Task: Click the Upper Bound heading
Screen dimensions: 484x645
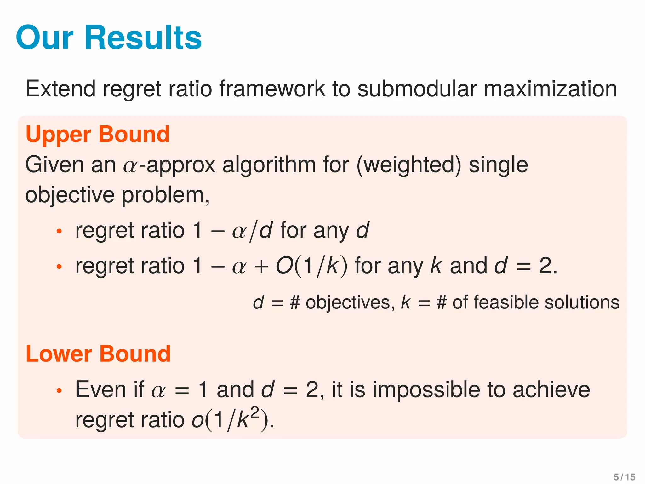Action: (98, 134)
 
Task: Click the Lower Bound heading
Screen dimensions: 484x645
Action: (98, 354)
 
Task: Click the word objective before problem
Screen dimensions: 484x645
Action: (70, 195)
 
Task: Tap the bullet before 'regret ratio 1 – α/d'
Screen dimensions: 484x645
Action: (59, 232)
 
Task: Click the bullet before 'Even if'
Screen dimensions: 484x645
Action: (59, 391)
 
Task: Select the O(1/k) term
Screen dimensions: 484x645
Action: (311, 266)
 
